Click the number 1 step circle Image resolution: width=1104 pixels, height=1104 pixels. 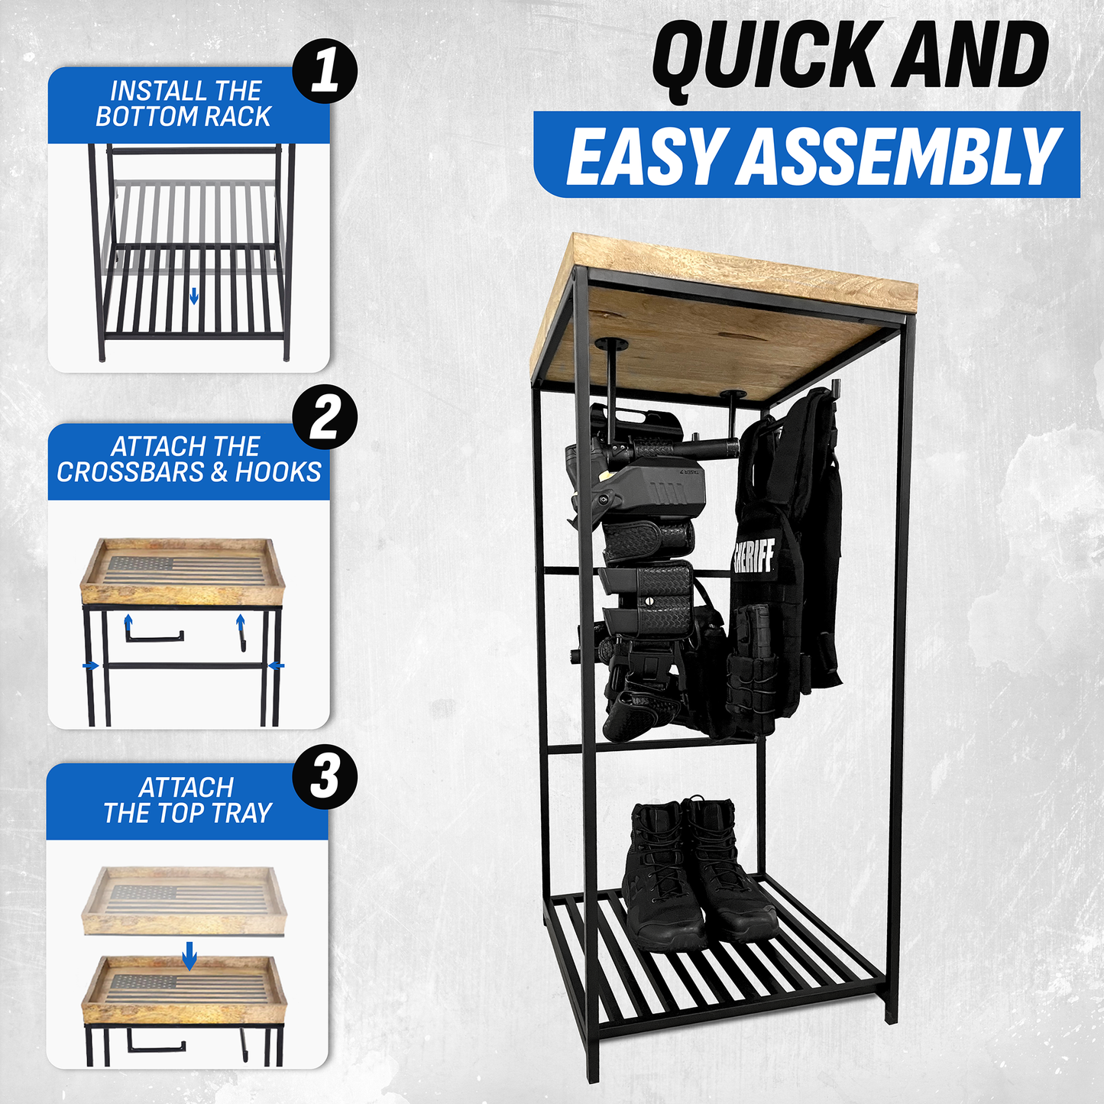click(x=325, y=71)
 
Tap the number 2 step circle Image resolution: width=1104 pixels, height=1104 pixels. click(x=325, y=416)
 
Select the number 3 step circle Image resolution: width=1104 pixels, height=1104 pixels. click(x=325, y=776)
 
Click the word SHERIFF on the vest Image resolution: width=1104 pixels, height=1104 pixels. click(x=753, y=555)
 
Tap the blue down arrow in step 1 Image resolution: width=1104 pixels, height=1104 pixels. click(x=193, y=296)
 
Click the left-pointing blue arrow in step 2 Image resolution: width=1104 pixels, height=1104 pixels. click(x=276, y=665)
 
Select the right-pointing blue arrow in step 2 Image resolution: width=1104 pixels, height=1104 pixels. click(x=90, y=665)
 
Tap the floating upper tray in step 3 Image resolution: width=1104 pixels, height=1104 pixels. click(x=184, y=902)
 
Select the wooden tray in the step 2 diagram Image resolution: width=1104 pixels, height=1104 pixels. click(x=183, y=571)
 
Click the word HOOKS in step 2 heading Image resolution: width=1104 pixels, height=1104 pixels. click(x=278, y=472)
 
